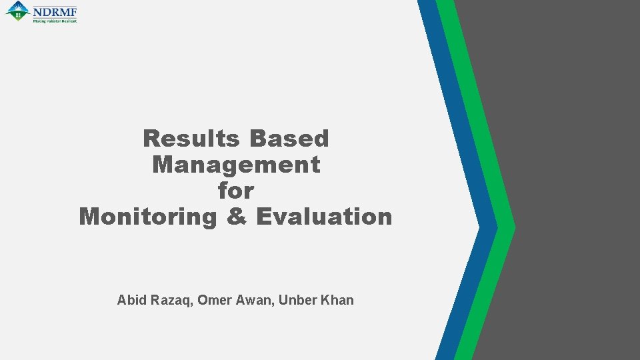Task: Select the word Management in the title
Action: (236, 165)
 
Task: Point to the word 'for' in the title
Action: (236, 191)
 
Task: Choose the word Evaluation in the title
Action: (324, 217)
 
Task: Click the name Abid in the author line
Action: (130, 300)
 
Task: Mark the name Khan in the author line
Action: (337, 300)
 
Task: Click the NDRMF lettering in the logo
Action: (55, 11)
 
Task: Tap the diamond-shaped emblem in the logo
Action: (17, 11)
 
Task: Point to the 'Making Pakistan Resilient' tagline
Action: (55, 21)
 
